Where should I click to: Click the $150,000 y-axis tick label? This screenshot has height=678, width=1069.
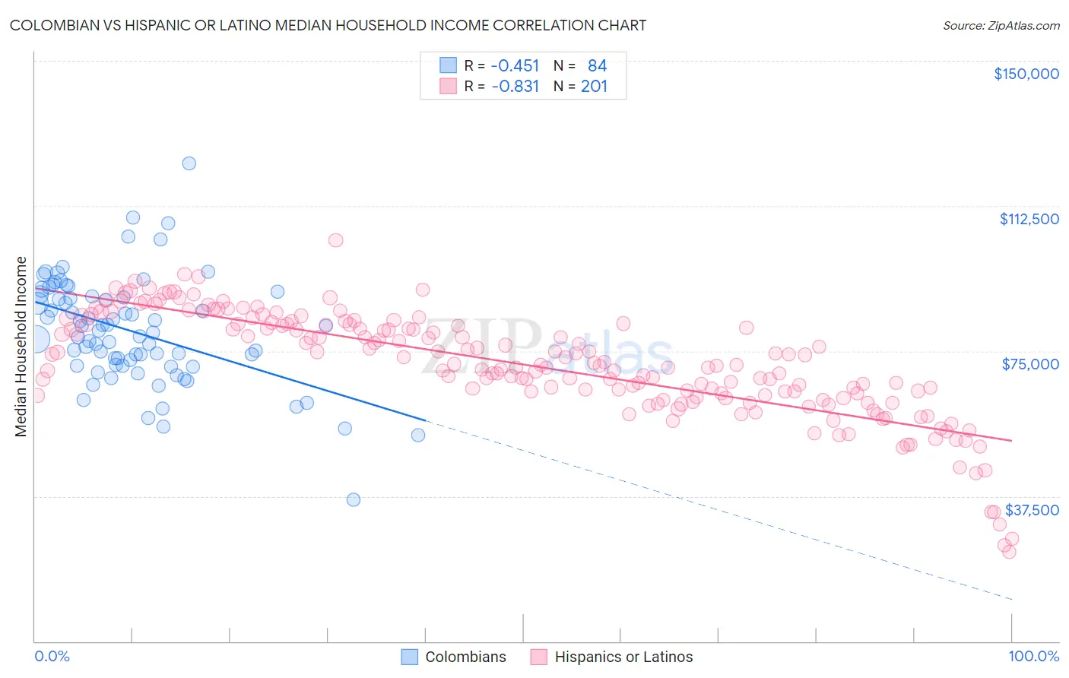(1026, 74)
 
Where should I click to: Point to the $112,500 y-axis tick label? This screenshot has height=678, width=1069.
(1029, 219)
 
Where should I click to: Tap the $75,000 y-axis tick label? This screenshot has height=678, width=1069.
(1030, 364)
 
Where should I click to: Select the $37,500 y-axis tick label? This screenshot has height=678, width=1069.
(1032, 510)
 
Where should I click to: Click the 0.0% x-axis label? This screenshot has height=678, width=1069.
(52, 656)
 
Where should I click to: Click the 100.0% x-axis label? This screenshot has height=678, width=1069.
(1033, 656)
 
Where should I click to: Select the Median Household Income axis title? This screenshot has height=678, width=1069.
(21, 347)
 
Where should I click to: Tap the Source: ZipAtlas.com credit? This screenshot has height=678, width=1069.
(1001, 25)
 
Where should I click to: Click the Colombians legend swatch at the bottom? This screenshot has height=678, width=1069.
(410, 657)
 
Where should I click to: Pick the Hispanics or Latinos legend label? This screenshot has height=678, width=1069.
(623, 657)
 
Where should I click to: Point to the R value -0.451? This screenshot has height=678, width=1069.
(515, 65)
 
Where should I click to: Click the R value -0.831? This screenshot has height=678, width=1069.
(515, 86)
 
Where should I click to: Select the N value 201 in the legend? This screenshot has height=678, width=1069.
(594, 86)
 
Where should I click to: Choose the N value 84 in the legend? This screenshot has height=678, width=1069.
(597, 65)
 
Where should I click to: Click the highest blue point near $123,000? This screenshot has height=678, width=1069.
(189, 163)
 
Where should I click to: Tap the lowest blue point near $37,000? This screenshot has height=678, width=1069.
(354, 499)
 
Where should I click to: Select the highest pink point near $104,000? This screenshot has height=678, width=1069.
(335, 240)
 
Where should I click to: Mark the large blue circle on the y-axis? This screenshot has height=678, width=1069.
(35, 340)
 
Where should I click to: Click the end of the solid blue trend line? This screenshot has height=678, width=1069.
(425, 420)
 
